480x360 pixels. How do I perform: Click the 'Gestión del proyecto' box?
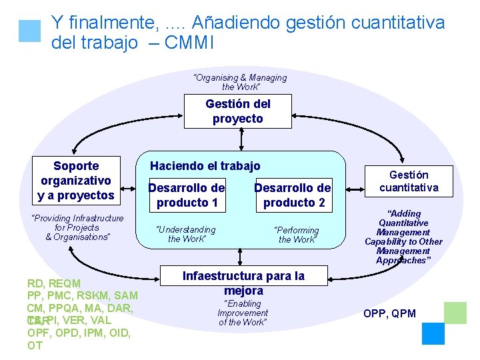tap(238, 111)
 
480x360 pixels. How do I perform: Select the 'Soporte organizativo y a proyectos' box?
tap(76, 180)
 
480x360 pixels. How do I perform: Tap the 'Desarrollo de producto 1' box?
tap(187, 194)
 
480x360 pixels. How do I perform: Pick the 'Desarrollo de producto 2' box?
tap(293, 194)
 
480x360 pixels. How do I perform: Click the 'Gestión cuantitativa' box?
tap(409, 181)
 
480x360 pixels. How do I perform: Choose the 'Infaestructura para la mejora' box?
tap(243, 283)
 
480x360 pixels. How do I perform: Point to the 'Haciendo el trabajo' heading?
tap(205, 166)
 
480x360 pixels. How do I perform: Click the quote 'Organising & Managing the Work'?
tap(239, 82)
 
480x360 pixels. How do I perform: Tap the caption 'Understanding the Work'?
tap(186, 234)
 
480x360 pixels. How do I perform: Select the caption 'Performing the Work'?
tap(297, 234)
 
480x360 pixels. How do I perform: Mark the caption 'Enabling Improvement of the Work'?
tap(243, 313)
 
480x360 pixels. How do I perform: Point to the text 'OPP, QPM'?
tap(389, 313)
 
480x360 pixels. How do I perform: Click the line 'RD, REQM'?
tap(54, 283)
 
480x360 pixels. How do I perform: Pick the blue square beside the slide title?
tap(30, 31)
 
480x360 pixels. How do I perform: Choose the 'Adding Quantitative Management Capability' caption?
tap(403, 237)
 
